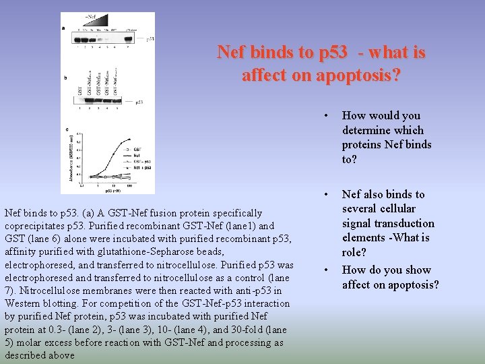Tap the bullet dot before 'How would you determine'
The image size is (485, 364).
pos(326,116)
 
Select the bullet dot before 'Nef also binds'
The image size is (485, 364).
pos(326,195)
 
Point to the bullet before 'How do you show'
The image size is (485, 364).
pos(326,270)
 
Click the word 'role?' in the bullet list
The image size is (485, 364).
pos(354,252)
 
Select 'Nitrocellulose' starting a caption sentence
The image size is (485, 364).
pos(49,291)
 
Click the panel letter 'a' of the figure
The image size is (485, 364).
pos(63,28)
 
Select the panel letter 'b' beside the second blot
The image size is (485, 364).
pos(65,78)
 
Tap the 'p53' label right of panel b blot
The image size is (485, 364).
pos(139,102)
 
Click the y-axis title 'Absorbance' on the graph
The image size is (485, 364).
pos(69,160)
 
